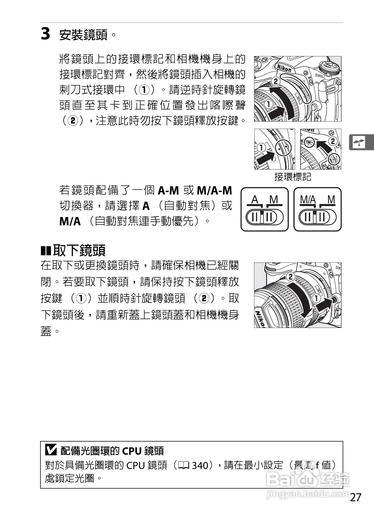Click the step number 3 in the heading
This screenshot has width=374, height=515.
(45, 34)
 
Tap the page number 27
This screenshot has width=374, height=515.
(355, 497)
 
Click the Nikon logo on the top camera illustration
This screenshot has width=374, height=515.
(284, 68)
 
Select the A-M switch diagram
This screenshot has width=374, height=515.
(265, 209)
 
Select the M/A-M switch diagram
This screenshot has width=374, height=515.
(317, 209)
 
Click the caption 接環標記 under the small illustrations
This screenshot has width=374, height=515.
(293, 177)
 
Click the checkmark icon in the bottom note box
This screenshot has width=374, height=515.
(51, 450)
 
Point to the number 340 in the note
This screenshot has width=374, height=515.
(200, 465)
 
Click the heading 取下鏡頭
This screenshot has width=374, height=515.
(79, 250)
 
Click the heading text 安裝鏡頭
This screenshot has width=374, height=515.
(83, 35)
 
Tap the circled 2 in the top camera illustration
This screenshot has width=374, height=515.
(276, 81)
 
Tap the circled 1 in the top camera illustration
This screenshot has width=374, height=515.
(268, 104)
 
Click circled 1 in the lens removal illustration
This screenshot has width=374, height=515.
(316, 298)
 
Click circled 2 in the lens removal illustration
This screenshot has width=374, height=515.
(290, 277)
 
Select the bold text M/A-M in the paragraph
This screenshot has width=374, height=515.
(215, 190)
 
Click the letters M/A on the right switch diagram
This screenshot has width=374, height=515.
(308, 199)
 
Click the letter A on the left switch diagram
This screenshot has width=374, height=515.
(255, 199)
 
